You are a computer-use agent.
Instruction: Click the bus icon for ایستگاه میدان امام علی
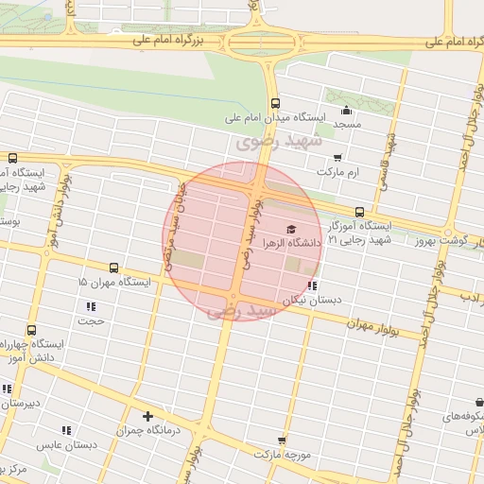(x=275, y=104)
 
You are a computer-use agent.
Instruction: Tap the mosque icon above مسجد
(x=346, y=110)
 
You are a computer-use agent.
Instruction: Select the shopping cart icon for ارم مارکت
(x=337, y=158)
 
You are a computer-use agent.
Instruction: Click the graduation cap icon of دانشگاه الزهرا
(x=291, y=229)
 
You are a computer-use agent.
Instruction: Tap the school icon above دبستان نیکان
(x=313, y=285)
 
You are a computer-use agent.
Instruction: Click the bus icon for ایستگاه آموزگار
(x=359, y=212)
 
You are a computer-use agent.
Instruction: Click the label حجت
(x=91, y=320)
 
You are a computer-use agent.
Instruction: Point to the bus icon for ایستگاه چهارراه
(x=32, y=330)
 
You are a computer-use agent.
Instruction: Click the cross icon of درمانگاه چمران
(x=147, y=416)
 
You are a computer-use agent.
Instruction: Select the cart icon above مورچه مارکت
(x=282, y=440)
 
